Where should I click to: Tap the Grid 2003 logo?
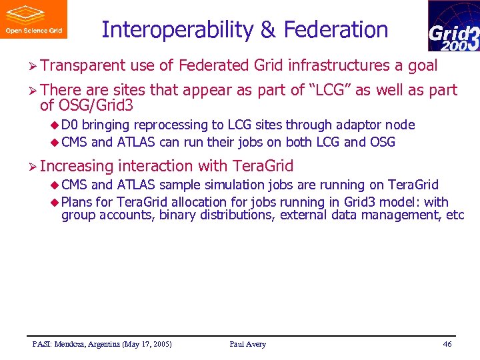pos(453,26)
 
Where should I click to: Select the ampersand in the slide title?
pos(268,30)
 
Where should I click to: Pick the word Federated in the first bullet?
pos(214,65)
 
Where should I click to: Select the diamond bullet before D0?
pos(55,125)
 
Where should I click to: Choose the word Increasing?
pos(77,165)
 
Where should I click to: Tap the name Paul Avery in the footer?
pos(247,344)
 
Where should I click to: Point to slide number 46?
pos(447,344)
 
